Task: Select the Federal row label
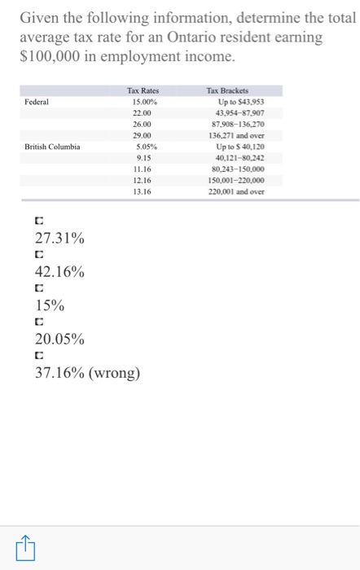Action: click(37, 102)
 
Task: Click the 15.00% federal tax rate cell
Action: click(143, 102)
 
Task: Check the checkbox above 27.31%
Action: click(38, 221)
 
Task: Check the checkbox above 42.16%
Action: click(38, 255)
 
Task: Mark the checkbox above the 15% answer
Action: click(38, 288)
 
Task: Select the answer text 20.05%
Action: click(59, 339)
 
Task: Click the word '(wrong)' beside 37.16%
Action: click(115, 374)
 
